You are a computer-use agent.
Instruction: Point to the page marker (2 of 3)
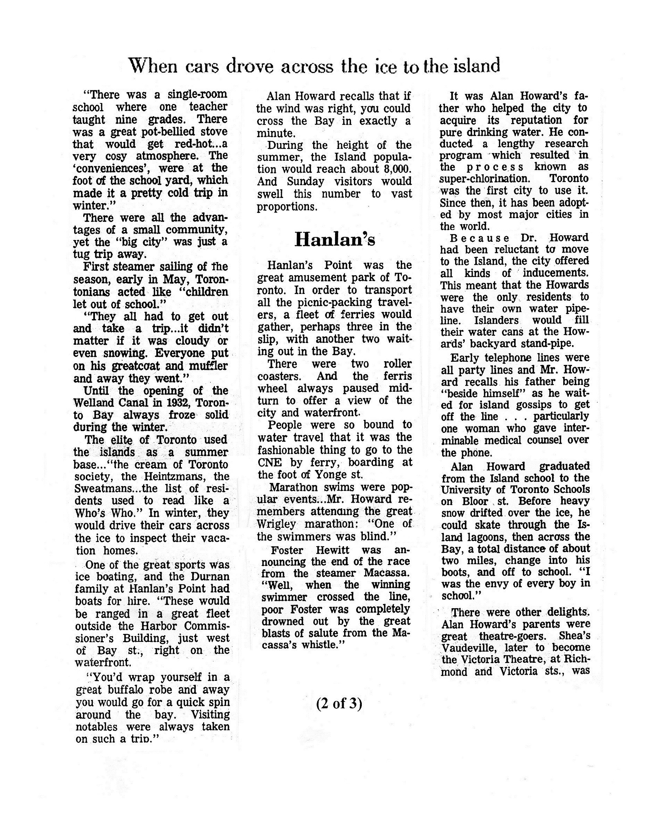click(x=339, y=703)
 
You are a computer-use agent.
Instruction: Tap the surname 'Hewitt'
click(x=332, y=550)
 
